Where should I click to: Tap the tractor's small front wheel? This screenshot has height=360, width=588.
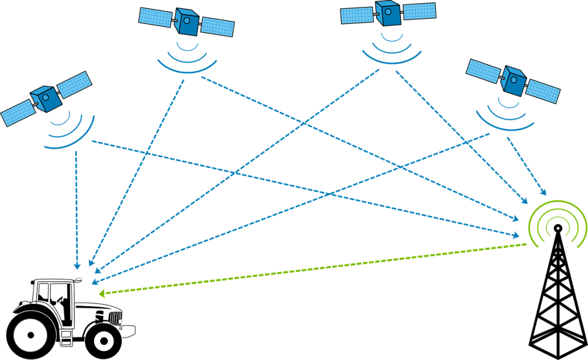(x=103, y=340)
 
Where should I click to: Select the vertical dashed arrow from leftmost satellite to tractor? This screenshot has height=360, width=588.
(x=76, y=207)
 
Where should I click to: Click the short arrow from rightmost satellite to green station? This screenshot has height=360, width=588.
(x=526, y=166)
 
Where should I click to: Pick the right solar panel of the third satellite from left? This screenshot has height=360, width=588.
(x=419, y=11)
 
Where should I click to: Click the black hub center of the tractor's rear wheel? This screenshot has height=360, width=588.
(x=30, y=334)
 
